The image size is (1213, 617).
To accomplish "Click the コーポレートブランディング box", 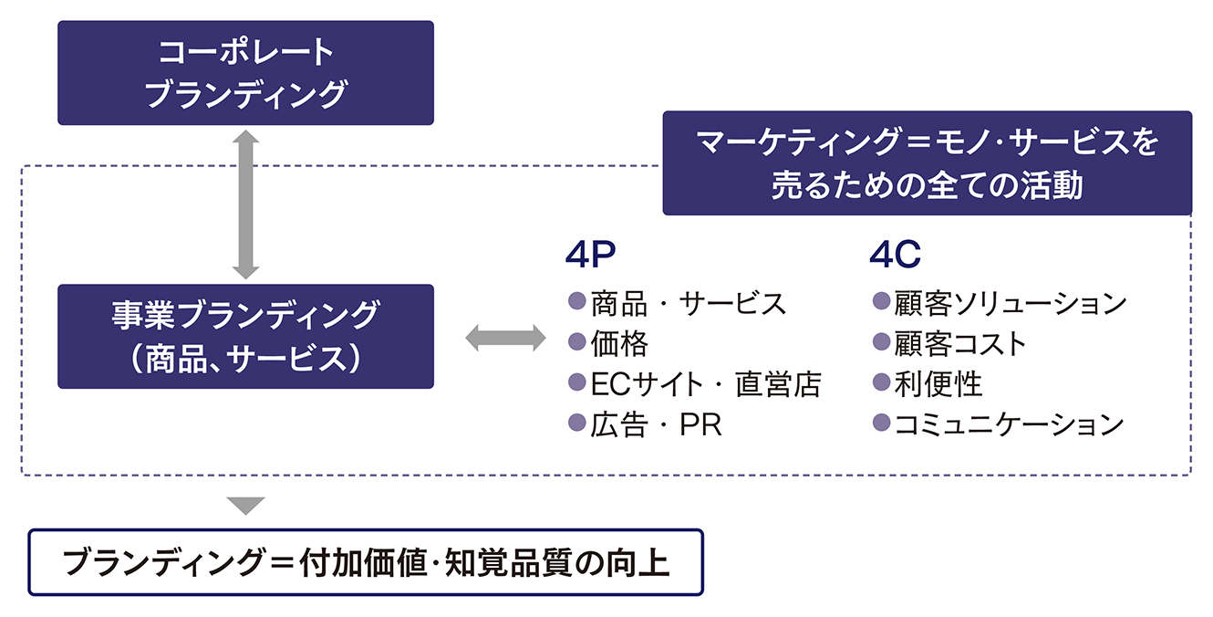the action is coord(245,73).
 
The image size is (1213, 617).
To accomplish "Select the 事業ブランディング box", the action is coord(245,337).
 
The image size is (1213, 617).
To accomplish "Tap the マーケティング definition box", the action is coord(927,163).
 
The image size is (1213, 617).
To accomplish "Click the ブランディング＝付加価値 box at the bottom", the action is coord(366,562).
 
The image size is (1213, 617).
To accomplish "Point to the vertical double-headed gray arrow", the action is coord(245,204).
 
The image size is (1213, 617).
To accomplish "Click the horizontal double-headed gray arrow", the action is coord(505,338).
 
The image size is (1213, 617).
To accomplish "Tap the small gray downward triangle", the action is coord(245,506).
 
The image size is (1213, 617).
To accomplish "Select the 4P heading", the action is coord(590,255).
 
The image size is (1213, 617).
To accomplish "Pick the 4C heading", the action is coord(895,255).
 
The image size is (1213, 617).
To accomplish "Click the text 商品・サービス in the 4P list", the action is coord(688,303).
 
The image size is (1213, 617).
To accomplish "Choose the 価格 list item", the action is coord(619,343).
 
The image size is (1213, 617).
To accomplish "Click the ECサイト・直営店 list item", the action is coord(706,384).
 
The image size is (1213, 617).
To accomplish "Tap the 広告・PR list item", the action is coord(657,424).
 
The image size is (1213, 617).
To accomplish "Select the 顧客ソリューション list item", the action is coord(1011,303).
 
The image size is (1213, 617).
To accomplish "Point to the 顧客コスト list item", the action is coord(960,343).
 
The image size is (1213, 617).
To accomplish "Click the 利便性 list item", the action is coord(938,384).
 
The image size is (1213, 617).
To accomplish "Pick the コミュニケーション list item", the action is coord(1010,424).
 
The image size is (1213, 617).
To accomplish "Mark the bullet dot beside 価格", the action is coord(577,341).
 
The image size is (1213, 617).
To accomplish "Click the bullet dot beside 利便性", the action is coord(882,382).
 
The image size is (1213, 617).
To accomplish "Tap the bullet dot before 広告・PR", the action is coord(577,423).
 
